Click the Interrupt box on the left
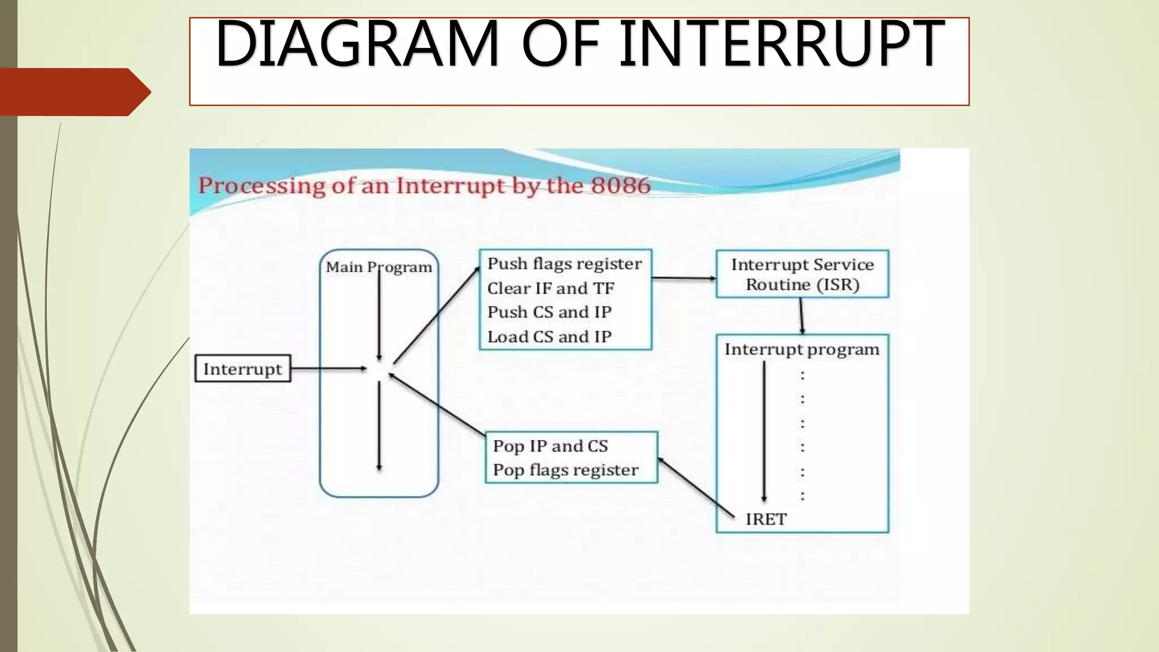coord(242,368)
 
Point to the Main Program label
coord(379,267)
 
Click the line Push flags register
coord(564,264)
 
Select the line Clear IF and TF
coord(550,288)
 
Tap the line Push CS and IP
coord(549,312)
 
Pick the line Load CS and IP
coord(549,336)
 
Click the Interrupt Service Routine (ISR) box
coord(802,274)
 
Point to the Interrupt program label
coord(801,349)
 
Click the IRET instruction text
coord(766,519)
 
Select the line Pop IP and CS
coord(550,446)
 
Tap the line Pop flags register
coord(565,470)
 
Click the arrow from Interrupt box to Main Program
coord(328,369)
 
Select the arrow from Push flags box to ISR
coord(684,278)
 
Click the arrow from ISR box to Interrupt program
coord(801,316)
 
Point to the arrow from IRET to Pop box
coord(696,487)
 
